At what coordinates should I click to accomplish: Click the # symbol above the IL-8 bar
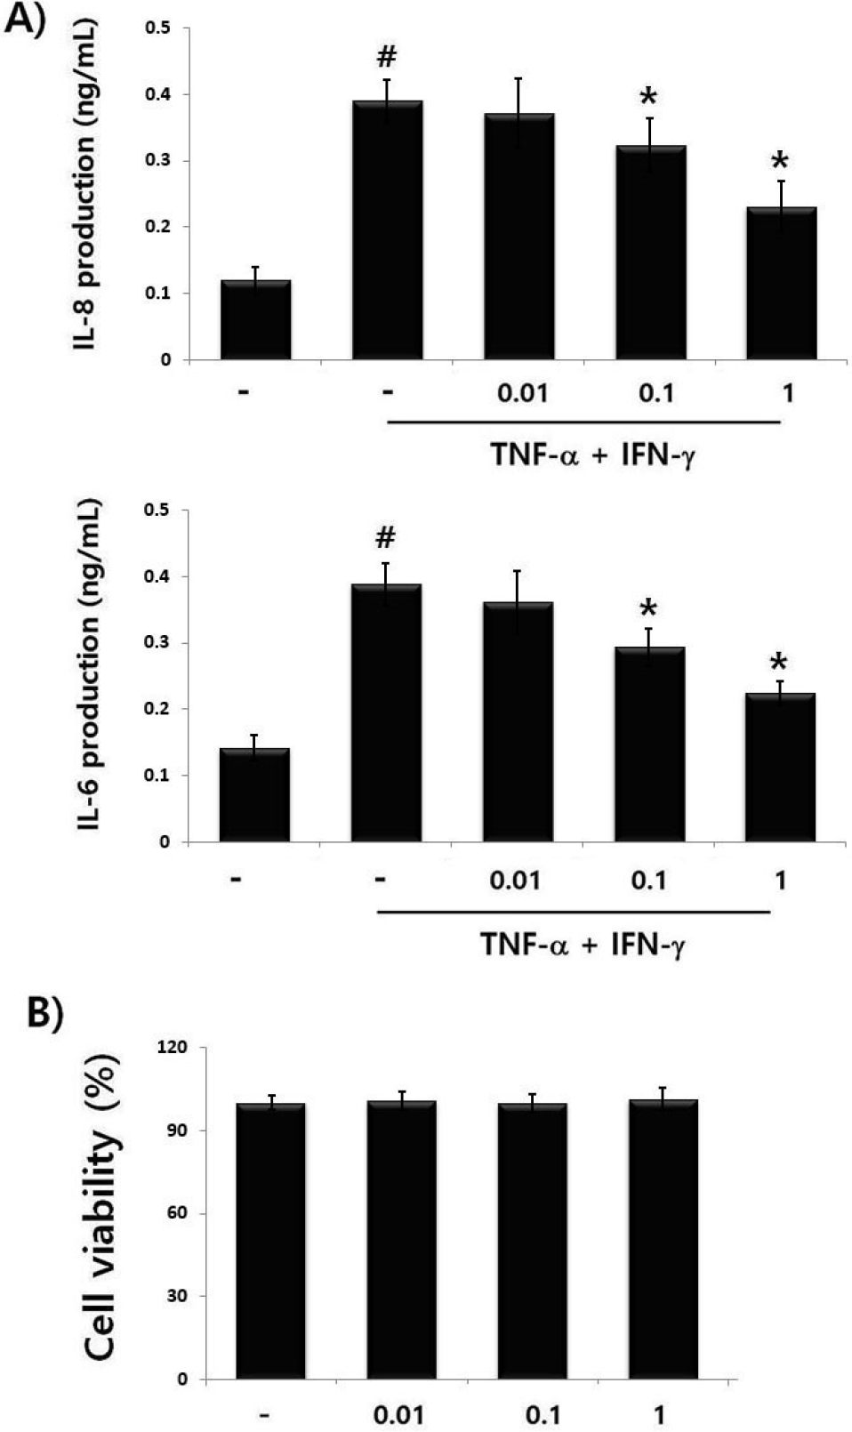(x=386, y=58)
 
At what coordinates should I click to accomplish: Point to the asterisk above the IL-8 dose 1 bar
(x=780, y=162)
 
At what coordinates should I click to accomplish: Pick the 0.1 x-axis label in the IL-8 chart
(x=655, y=392)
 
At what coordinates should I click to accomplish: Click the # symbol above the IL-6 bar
(x=385, y=537)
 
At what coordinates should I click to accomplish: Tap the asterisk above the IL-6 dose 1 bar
(x=779, y=663)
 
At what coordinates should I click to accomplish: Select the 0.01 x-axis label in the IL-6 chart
(x=515, y=881)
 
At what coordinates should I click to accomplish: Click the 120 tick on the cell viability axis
(x=173, y=1048)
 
